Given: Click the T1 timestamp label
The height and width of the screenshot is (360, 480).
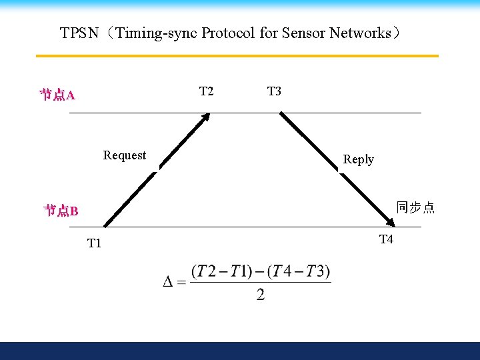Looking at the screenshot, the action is [x=94, y=243].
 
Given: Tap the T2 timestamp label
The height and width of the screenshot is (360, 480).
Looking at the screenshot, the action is [x=207, y=91].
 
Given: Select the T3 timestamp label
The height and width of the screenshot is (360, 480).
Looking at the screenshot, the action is [x=274, y=91].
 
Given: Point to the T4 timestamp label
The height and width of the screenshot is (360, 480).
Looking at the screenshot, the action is [x=386, y=239].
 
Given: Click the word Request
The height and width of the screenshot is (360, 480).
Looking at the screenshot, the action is [x=125, y=155].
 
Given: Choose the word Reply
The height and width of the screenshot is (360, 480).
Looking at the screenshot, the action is [x=358, y=159].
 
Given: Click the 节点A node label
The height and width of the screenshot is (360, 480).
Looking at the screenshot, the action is [x=57, y=95].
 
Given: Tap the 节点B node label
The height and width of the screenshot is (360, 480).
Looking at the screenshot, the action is [x=61, y=211].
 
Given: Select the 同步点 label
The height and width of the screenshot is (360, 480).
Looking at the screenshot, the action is [x=415, y=207].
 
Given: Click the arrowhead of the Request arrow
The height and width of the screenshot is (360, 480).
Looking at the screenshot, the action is [x=207, y=117].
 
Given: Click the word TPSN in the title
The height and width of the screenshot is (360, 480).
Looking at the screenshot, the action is [x=79, y=33].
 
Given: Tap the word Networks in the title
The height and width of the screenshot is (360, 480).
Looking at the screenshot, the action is [x=360, y=33].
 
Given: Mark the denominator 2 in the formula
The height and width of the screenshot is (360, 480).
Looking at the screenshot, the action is [x=260, y=295].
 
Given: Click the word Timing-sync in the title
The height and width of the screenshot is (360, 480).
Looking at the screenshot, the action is [x=157, y=33].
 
